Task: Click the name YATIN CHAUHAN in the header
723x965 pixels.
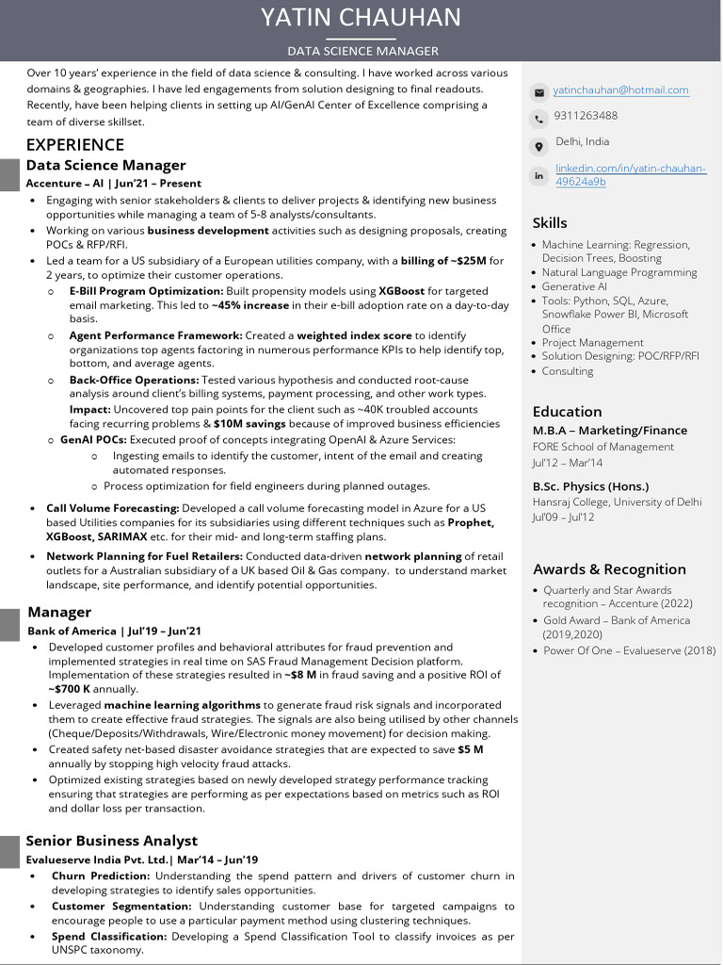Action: [361, 18]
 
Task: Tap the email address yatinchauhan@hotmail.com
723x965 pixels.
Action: [620, 90]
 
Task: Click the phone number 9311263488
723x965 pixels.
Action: [586, 116]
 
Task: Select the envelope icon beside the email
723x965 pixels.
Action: [538, 92]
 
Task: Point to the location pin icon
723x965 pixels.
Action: [538, 147]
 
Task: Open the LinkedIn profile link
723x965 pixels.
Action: [630, 174]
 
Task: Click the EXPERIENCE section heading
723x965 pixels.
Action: [74, 144]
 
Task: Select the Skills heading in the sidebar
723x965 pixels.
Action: [550, 223]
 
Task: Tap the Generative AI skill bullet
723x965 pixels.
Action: [574, 286]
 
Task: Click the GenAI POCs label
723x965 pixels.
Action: [93, 439]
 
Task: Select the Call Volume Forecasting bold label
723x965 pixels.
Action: [112, 508]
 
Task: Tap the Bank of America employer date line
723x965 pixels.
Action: [114, 631]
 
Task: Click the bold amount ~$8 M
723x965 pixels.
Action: [304, 675]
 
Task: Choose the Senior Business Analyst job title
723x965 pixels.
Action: [111, 841]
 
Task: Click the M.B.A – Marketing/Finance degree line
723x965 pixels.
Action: [609, 431]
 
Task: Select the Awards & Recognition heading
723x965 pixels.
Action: [609, 569]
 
